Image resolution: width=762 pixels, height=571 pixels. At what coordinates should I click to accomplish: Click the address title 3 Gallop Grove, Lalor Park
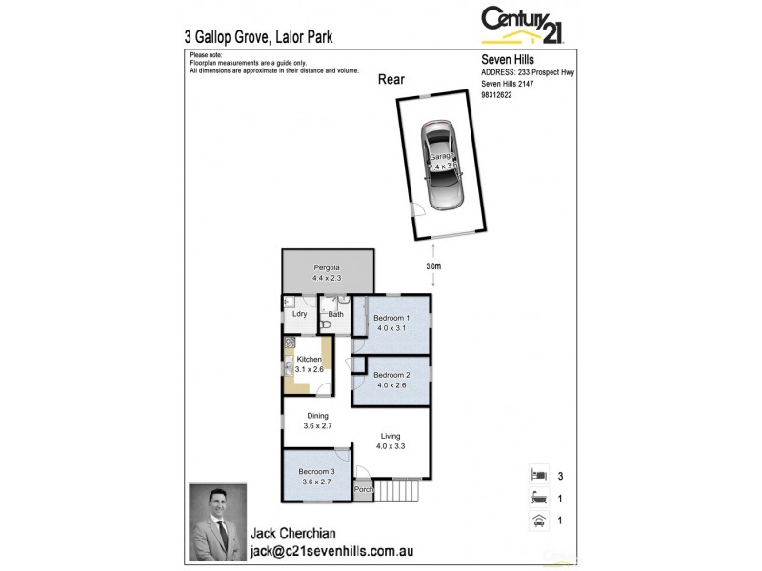coord(257,38)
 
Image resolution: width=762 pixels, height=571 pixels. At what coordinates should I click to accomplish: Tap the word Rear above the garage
coord(391,80)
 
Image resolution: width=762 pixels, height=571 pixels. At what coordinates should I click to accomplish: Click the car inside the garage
coord(443,165)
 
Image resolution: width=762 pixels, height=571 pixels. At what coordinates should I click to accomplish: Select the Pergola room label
coord(327,269)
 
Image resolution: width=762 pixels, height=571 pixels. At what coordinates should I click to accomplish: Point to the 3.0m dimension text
coord(433,266)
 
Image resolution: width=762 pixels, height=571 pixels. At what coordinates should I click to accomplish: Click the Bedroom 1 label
coord(391,318)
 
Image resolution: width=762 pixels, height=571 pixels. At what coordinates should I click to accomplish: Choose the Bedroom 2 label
coord(391,374)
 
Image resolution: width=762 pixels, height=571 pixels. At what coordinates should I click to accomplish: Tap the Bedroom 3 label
coord(316,472)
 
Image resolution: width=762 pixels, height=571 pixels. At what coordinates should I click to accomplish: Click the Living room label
coord(391,438)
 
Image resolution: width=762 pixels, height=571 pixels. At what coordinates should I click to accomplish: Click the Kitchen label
coord(310,359)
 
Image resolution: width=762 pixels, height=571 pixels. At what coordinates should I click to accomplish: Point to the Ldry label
coord(299,313)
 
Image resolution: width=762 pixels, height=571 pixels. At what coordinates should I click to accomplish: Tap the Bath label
coord(335,313)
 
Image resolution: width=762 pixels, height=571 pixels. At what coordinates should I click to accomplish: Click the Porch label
coord(363,491)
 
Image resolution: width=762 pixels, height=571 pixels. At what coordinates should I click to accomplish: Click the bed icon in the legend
coord(537,474)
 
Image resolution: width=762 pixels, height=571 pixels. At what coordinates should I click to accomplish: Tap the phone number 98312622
coord(497,95)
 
